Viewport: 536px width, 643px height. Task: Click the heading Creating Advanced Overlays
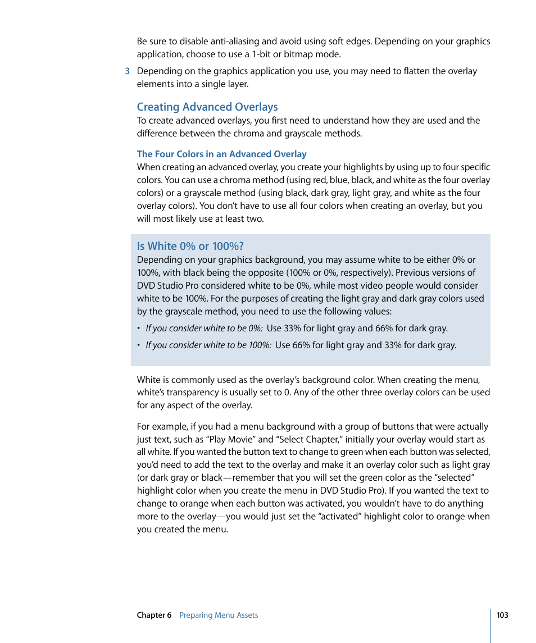(x=207, y=107)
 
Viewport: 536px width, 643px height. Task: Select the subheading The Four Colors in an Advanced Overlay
(x=221, y=154)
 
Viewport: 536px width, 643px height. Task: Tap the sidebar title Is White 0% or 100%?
(x=190, y=246)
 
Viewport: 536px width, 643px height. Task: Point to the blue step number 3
(x=128, y=71)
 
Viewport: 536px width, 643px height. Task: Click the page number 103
(x=502, y=615)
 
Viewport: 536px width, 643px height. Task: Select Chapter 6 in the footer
(x=154, y=615)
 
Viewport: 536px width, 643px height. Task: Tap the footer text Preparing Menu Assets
(x=219, y=615)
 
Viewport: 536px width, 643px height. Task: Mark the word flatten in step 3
(x=418, y=71)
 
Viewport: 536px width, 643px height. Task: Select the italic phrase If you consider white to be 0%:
(x=204, y=329)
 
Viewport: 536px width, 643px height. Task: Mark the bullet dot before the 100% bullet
(x=139, y=345)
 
